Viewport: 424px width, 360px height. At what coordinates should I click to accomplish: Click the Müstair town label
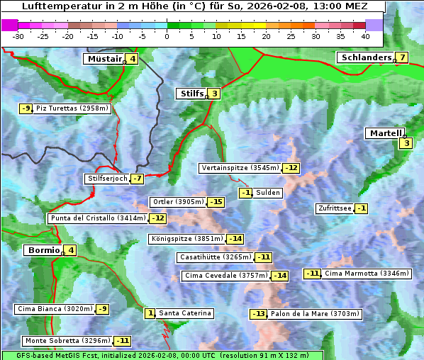click(104, 59)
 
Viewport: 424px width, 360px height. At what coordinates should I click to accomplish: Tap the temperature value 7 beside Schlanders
click(402, 57)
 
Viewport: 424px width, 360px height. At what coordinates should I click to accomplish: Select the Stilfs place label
click(191, 93)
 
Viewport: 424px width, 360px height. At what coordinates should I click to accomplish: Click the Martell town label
click(385, 133)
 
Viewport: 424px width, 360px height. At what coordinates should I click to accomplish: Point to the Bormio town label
click(43, 250)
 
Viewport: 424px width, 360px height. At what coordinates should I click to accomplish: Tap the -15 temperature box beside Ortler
click(216, 202)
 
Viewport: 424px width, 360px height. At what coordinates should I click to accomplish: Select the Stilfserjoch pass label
click(107, 179)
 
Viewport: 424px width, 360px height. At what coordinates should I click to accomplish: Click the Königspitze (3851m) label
click(186, 239)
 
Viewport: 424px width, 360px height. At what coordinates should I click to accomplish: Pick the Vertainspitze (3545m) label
click(240, 168)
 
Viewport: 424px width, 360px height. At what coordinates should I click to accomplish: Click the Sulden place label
click(268, 193)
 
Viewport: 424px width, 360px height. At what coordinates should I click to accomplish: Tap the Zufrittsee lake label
click(334, 208)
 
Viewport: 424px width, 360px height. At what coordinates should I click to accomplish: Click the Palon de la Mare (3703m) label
click(316, 314)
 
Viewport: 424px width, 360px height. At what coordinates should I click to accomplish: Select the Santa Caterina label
click(184, 313)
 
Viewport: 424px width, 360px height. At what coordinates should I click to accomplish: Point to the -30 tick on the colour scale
click(18, 35)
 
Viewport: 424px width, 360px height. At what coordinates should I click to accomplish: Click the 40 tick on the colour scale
click(365, 35)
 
